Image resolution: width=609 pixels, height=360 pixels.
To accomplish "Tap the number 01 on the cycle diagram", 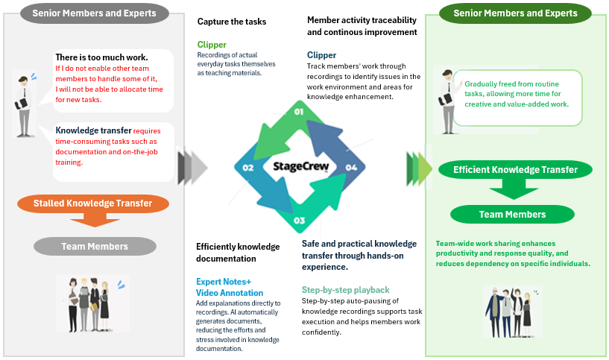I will (x=299, y=112).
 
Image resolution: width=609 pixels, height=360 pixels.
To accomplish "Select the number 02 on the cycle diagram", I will (x=248, y=168).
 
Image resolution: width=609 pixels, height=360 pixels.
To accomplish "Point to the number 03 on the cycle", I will (x=299, y=221).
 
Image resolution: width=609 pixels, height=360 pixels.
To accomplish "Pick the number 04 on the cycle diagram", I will (x=351, y=168).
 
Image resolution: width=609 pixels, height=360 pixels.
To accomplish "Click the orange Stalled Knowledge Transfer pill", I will (x=93, y=203).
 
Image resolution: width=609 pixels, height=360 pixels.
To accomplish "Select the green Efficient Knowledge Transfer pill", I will (x=516, y=170).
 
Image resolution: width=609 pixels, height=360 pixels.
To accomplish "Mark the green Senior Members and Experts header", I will (x=516, y=13).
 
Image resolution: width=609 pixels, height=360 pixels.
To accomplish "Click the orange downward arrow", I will (x=93, y=220).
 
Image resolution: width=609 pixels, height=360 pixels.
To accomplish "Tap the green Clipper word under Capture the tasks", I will (x=212, y=45).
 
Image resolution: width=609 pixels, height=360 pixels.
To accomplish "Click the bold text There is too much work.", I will (x=101, y=57).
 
